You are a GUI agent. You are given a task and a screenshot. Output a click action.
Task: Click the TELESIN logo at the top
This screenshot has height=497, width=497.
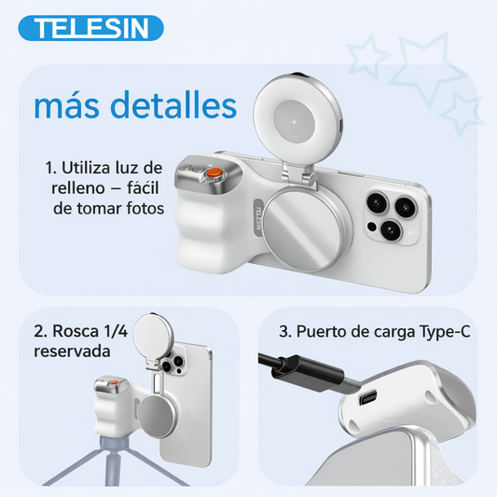90,28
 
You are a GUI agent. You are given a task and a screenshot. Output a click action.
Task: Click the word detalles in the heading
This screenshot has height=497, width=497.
173,104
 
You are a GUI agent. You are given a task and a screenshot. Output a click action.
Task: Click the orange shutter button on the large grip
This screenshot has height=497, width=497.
214,173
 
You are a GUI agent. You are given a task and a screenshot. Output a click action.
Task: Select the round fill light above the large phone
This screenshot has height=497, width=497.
298,121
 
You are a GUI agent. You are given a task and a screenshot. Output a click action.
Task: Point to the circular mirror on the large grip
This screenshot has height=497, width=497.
307,229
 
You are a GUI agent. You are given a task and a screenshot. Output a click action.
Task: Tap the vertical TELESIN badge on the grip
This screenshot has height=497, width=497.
258,217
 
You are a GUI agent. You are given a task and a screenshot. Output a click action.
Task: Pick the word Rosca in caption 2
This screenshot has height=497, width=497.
76,331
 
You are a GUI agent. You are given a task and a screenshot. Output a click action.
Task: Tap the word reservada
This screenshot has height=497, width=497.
72,352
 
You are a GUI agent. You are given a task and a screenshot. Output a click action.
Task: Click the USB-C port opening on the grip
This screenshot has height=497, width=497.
367,397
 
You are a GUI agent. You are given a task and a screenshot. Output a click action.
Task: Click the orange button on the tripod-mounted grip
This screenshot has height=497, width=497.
113,383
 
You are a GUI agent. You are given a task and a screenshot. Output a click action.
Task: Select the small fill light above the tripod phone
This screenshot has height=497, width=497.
153,334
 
